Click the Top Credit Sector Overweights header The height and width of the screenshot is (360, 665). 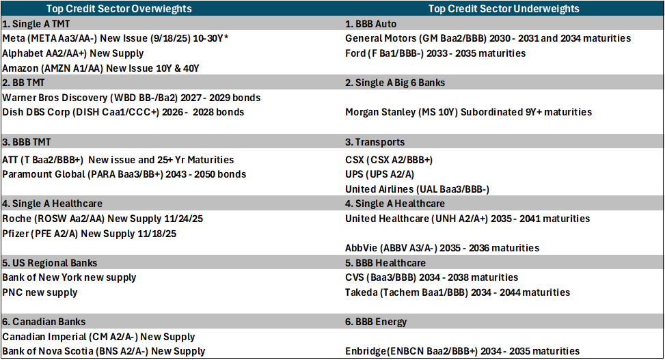pos(119,8)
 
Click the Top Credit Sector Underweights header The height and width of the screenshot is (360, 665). pos(504,8)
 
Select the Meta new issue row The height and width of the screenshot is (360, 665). pos(116,38)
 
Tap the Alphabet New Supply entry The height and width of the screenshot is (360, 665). pos(73,53)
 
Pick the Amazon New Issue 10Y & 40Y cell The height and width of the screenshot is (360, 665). pos(100,68)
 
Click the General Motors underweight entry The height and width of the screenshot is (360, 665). pos(488,38)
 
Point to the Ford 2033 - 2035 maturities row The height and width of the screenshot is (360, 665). pos(435,53)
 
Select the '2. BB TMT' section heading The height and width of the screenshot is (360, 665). pos(23,83)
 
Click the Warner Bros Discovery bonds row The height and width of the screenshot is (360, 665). pos(131,98)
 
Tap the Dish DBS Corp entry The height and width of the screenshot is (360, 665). pos(123,112)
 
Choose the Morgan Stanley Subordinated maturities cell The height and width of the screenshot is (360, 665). pos(469,112)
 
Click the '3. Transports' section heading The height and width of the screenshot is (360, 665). pos(375,142)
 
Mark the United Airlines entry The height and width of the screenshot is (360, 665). pos(418,189)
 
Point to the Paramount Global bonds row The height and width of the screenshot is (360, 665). pos(124,174)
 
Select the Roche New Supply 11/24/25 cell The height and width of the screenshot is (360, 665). pos(103,219)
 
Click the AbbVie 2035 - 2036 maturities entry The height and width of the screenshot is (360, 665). pos(442,248)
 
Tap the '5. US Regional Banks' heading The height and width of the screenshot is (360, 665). pos(50,263)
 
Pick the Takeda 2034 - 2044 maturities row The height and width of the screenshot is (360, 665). pos(458,292)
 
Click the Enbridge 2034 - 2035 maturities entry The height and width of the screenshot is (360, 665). pos(462,351)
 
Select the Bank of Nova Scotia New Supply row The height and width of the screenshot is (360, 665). pos(103,351)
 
